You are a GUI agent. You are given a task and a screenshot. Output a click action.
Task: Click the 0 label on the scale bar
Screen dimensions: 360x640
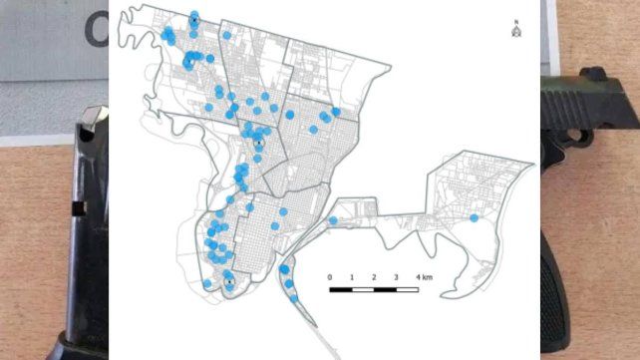329,276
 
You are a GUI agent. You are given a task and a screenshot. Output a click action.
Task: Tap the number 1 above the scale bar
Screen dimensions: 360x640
352,276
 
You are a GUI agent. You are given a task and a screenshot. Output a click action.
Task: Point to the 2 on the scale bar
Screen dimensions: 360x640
374,276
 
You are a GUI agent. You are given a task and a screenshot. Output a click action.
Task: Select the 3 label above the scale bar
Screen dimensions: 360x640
396,276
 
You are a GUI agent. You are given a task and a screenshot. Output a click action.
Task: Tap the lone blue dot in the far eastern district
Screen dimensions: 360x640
475,217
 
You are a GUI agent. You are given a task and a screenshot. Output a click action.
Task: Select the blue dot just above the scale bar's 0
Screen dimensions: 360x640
333,220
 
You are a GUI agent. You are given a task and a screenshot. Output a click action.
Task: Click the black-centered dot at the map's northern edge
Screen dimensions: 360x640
193,19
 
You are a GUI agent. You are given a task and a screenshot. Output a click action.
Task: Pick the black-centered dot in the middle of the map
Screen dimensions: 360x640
257,144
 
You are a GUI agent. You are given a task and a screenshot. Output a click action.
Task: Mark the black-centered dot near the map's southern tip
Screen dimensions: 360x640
228,282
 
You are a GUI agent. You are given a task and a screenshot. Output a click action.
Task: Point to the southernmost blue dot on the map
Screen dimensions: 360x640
296,300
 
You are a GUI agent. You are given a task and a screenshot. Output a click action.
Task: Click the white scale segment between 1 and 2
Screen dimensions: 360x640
363,290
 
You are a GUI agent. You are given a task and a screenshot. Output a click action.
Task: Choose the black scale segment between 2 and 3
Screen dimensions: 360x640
385,290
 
